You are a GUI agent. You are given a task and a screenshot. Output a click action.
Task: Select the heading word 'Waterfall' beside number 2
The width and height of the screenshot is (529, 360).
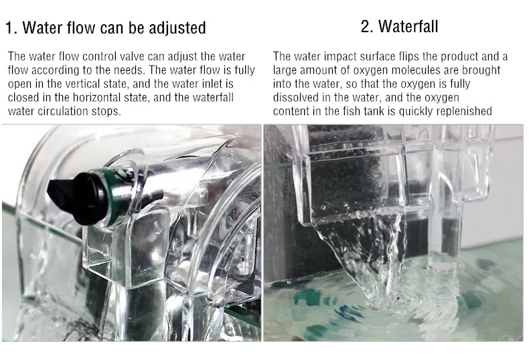click(408, 27)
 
